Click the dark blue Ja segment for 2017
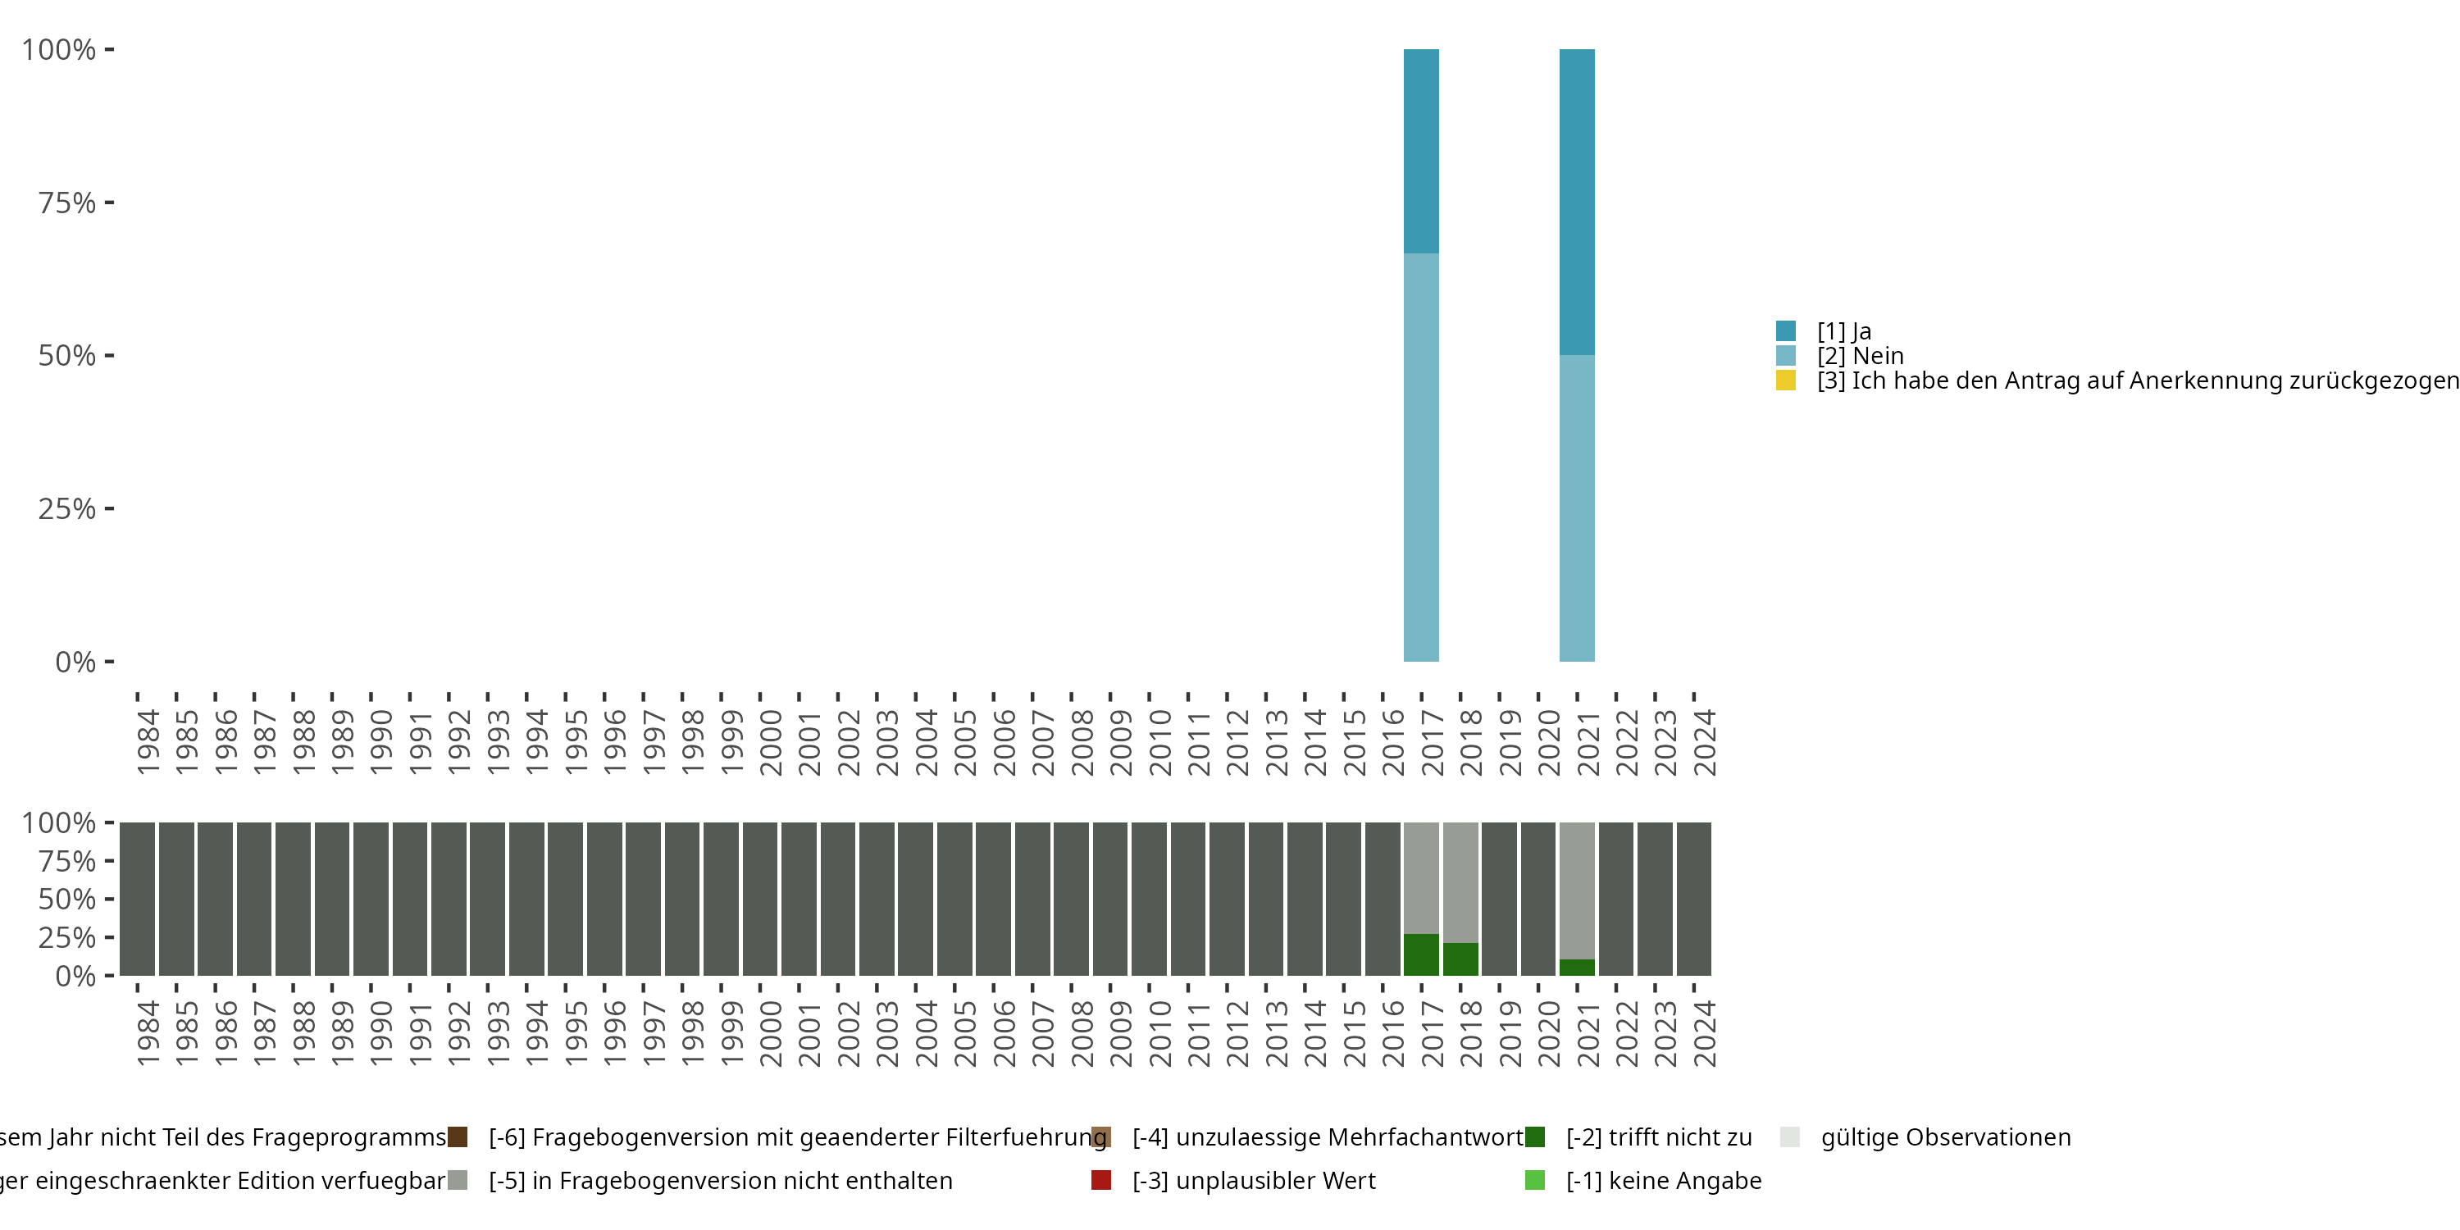click(x=1421, y=151)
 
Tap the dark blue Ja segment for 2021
click(x=1577, y=202)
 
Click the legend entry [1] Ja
click(x=1843, y=331)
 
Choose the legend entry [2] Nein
click(x=1859, y=356)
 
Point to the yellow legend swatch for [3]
click(x=1786, y=381)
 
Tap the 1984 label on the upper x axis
click(x=148, y=742)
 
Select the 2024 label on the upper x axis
click(x=1705, y=742)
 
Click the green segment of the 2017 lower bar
click(x=1421, y=955)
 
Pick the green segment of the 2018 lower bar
click(x=1460, y=959)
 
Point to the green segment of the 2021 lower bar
click(x=1577, y=968)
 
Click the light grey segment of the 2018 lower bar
click(x=1460, y=882)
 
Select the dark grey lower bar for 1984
click(x=138, y=899)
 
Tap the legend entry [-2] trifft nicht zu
click(x=1658, y=1137)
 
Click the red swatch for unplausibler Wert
click(x=1101, y=1180)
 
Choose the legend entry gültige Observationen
click(x=1944, y=1137)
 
